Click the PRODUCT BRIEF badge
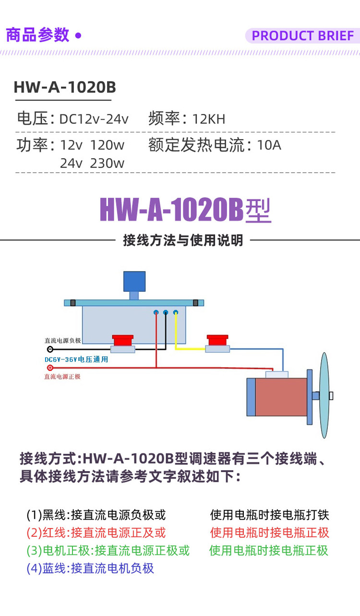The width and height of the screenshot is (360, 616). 302,36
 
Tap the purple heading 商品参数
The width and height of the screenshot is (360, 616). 37,35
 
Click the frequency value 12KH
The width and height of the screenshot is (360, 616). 209,119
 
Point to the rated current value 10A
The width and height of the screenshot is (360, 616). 269,144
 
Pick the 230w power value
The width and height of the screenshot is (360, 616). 107,163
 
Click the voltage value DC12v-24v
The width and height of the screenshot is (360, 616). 94,119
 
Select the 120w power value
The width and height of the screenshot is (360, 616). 107,144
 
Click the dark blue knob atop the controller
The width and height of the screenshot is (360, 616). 134,282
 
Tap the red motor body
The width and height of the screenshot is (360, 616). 282,397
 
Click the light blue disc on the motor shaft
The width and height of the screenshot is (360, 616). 325,395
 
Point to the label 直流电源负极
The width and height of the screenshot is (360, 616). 62,340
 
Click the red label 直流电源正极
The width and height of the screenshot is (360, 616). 62,377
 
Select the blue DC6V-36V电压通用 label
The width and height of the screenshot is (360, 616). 76,359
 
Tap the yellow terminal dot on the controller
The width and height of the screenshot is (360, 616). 176,313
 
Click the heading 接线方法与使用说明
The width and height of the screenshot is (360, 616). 183,240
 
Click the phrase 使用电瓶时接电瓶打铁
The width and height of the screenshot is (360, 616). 269,515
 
